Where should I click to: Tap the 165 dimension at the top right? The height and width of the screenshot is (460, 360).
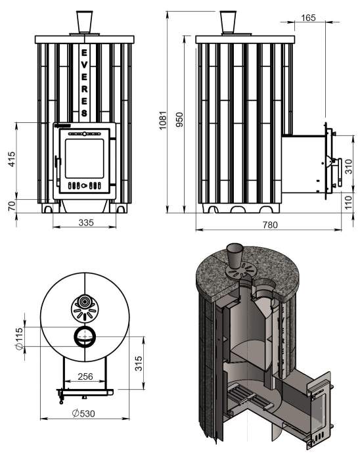pyautogui.click(x=309, y=18)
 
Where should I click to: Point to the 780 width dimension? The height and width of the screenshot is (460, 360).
pyautogui.click(x=270, y=225)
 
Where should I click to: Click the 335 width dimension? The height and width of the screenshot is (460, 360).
pyautogui.click(x=86, y=223)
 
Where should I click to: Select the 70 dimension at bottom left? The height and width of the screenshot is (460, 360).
pyautogui.click(x=11, y=206)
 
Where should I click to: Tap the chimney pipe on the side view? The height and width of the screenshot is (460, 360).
pyautogui.click(x=228, y=22)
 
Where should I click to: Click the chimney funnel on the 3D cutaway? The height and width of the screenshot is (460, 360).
pyautogui.click(x=234, y=254)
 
